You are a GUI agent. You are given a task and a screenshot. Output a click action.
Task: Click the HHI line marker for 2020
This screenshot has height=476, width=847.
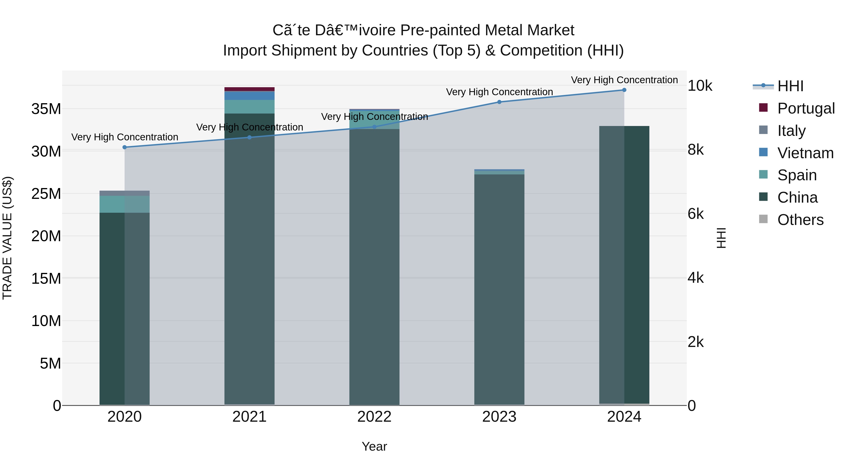(x=125, y=147)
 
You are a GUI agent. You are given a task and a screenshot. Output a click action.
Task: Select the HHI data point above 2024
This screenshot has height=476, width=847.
(x=624, y=90)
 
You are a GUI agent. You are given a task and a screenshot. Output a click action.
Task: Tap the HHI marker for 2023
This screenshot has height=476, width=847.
(x=499, y=102)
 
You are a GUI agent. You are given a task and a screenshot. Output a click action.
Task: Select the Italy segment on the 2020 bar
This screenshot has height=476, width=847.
(x=125, y=193)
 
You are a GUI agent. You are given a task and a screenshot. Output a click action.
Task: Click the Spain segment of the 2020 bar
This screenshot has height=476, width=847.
(x=125, y=204)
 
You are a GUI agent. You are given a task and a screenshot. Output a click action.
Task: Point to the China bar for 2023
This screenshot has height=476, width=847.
(x=499, y=289)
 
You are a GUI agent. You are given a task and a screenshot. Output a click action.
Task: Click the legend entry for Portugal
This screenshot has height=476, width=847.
(x=806, y=108)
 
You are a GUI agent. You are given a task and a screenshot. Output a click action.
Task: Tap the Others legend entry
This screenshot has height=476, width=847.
(x=800, y=220)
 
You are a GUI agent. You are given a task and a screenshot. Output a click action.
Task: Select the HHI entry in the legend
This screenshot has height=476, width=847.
(x=790, y=86)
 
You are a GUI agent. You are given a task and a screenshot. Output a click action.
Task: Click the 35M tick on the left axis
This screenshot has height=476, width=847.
(x=46, y=109)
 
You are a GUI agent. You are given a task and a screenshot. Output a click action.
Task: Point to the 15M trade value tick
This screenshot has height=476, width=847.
(x=46, y=279)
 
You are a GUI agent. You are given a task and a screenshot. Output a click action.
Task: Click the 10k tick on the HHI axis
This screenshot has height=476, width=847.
(x=700, y=86)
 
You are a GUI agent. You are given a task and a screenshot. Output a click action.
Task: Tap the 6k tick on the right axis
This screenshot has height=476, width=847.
(x=695, y=214)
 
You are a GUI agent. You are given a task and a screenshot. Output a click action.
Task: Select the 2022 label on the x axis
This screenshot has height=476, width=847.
(x=374, y=417)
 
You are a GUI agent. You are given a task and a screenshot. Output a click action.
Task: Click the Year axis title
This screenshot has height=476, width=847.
(x=374, y=446)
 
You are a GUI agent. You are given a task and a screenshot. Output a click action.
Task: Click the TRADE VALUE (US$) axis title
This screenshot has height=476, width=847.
(x=7, y=238)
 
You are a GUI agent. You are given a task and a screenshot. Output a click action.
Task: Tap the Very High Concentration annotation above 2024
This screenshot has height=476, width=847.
(x=624, y=80)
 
